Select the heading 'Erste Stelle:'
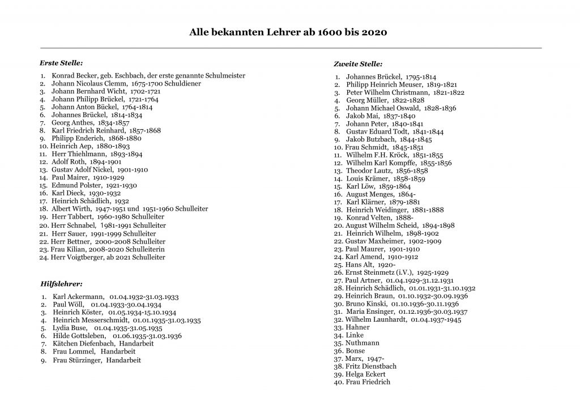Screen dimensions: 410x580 (61, 62)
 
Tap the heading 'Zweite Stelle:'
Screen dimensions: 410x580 (358, 64)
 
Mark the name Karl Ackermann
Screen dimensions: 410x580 (76, 296)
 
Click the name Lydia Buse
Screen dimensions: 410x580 (70, 328)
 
